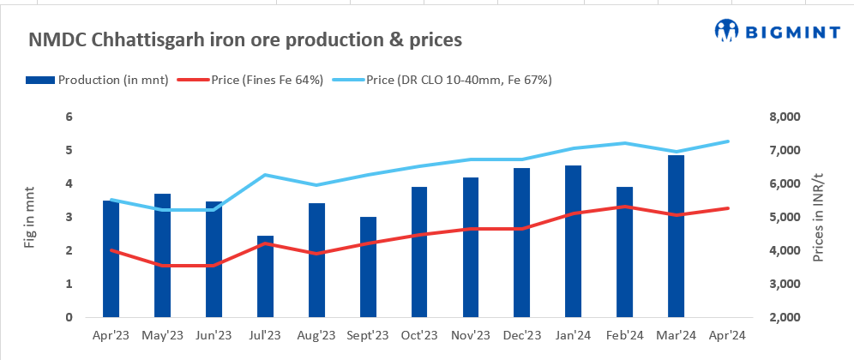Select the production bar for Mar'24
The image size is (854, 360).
click(677, 236)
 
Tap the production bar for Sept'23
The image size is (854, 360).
click(368, 267)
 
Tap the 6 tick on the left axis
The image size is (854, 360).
click(70, 117)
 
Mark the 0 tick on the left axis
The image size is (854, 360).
click(70, 317)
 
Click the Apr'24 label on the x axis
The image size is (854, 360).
click(728, 335)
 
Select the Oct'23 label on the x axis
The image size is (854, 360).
click(419, 335)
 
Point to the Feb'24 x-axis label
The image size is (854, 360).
click(625, 335)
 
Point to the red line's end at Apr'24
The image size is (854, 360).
click(728, 208)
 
